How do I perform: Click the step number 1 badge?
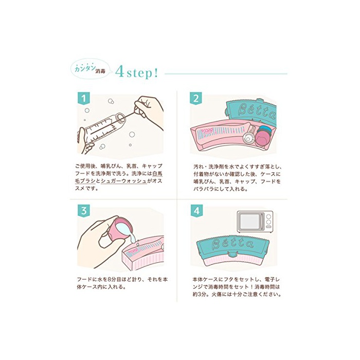[x=83, y=99]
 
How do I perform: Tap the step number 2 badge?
[x=196, y=99]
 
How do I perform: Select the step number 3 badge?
[x=83, y=210]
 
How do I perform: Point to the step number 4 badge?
[x=197, y=210]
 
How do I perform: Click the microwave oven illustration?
[x=255, y=222]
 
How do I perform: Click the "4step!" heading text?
[x=137, y=73]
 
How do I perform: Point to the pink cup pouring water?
[x=123, y=229]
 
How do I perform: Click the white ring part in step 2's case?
[x=248, y=139]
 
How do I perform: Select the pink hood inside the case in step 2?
[x=263, y=139]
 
